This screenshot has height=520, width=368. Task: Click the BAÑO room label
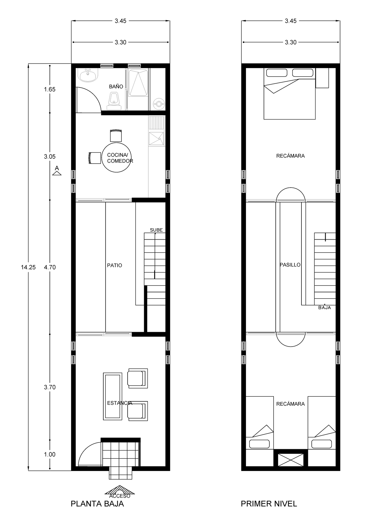[116, 87]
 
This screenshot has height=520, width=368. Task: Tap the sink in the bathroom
[88, 75]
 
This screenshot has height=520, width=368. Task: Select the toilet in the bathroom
[114, 101]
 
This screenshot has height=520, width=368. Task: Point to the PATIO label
[114, 265]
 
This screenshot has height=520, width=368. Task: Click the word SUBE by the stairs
[156, 230]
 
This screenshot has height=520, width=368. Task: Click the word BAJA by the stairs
[324, 308]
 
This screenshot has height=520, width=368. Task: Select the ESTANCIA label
[120, 403]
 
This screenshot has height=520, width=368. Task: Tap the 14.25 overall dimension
[28, 267]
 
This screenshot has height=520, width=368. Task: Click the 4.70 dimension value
[50, 267]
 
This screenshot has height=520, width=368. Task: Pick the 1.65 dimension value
[50, 89]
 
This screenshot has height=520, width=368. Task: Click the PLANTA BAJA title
[97, 504]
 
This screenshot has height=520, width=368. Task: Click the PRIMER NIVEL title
[269, 504]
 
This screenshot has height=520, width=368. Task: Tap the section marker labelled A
[57, 171]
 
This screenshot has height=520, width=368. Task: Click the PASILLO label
[290, 265]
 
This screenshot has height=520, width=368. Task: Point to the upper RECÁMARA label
[290, 156]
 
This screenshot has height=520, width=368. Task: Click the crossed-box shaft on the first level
[290, 461]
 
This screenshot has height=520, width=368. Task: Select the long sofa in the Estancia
[113, 396]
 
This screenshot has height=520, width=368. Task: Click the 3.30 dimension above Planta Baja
[121, 42]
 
